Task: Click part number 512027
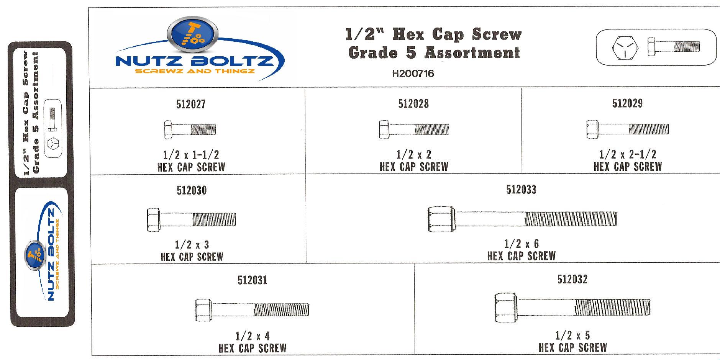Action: [191, 104]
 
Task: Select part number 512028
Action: [413, 104]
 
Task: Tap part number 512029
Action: [628, 103]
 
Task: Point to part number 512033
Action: [521, 190]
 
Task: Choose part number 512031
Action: [252, 280]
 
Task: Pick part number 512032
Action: [572, 280]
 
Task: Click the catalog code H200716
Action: [413, 74]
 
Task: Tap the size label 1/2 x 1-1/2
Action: [191, 155]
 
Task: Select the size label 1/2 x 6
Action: [522, 244]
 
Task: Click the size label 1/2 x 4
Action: [253, 336]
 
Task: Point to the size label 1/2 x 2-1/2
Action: [628, 154]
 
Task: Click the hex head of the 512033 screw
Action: [442, 219]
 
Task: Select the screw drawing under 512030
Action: [191, 220]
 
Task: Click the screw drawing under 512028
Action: [414, 129]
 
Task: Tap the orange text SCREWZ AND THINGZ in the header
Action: [202, 71]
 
